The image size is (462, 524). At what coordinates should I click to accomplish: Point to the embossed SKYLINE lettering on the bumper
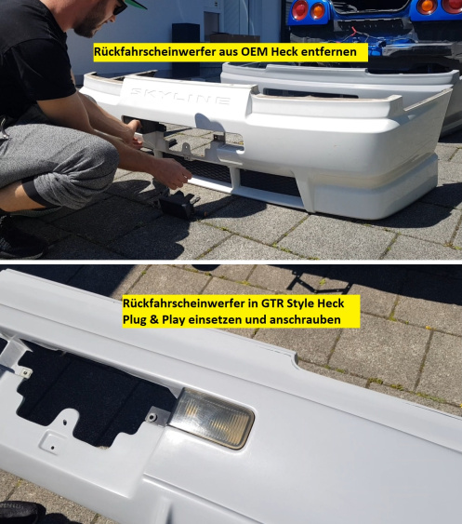(x=180, y=96)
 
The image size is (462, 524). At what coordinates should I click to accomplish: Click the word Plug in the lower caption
(x=135, y=320)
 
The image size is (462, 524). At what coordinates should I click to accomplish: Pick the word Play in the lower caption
(x=174, y=320)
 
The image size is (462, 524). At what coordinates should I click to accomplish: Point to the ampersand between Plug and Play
(x=154, y=320)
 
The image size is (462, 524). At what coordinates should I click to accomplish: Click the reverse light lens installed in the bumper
(x=212, y=418)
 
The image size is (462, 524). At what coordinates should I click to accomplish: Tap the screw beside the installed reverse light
(x=153, y=417)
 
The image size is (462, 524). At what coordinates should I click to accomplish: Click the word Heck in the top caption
(x=284, y=52)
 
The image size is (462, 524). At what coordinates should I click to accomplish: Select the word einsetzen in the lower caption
(x=215, y=320)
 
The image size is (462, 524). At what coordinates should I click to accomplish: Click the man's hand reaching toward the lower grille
(x=173, y=172)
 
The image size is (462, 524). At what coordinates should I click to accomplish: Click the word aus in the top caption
(x=229, y=53)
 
